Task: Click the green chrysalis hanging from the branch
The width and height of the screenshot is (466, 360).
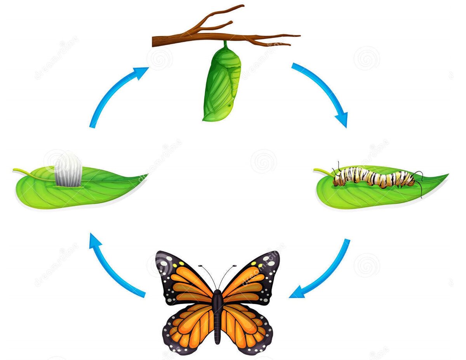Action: [x=222, y=83]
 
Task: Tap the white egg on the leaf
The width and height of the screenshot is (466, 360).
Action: [x=68, y=170]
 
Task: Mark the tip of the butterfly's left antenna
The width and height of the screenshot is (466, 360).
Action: [x=200, y=266]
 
